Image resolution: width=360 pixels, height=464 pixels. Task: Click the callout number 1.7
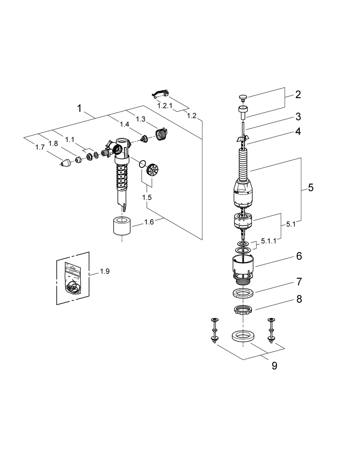point(40,147)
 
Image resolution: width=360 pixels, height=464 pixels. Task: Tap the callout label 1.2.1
point(165,106)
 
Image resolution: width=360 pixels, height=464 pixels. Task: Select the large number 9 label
point(274,366)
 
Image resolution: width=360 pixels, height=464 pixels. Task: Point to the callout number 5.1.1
point(268,241)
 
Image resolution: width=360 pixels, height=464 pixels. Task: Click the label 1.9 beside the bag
point(105,271)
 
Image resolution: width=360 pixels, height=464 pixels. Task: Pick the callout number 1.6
point(149,222)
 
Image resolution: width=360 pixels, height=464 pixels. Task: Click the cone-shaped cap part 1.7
point(66,163)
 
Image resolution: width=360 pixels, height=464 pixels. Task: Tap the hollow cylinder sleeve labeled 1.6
point(122,226)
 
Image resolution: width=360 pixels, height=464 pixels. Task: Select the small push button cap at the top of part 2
point(242,97)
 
